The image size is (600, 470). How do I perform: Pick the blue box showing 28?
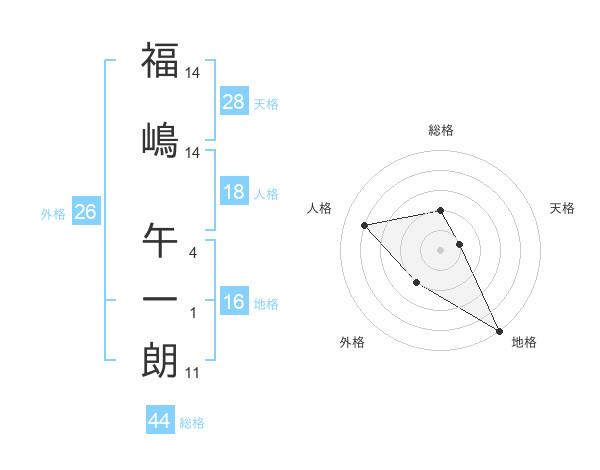tap(234, 102)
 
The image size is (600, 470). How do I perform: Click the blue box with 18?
tap(234, 192)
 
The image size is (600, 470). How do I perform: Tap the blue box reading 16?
tap(234, 303)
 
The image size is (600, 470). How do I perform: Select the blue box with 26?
tap(85, 213)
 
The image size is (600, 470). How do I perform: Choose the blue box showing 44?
tap(160, 422)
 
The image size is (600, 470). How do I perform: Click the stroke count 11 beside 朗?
tap(192, 374)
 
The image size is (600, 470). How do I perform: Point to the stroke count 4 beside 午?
tap(193, 253)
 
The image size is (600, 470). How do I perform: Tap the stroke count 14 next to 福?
tap(193, 74)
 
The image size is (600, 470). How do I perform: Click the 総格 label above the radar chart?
tap(441, 130)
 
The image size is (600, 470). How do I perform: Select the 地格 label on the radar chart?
tap(524, 342)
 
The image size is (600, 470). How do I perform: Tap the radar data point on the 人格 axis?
tap(365, 225)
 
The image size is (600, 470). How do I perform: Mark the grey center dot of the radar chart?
tap(441, 249)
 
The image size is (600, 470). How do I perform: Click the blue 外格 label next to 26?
tap(52, 214)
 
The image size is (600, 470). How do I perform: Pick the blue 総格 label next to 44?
tap(192, 423)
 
